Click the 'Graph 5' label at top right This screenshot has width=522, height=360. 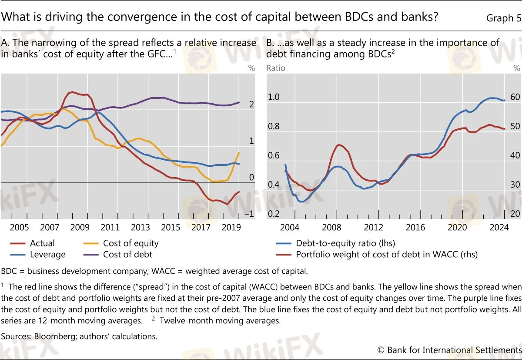pos(503,18)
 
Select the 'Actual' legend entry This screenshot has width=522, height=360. pos(42,243)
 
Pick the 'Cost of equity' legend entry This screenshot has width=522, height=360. pos(130,243)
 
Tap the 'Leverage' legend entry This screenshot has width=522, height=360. pos(47,255)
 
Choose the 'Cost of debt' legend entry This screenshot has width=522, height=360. pos(127,255)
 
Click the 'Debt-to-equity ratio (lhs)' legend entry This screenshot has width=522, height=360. pos(345,243)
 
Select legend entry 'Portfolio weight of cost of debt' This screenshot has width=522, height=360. pos(386,255)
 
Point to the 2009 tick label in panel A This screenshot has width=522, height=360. pos(80,227)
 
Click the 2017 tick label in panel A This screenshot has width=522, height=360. pos(201,227)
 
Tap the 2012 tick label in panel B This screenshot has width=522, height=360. pos(373,227)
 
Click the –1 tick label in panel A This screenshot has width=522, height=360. pos(249,214)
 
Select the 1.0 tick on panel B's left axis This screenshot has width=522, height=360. pos(273,97)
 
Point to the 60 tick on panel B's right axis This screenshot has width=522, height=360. pos(515,97)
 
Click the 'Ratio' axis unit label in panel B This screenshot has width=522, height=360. pos(275,68)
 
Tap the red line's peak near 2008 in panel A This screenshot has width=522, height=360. pos(72,92)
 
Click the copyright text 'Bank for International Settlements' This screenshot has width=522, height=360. pos(454,350)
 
